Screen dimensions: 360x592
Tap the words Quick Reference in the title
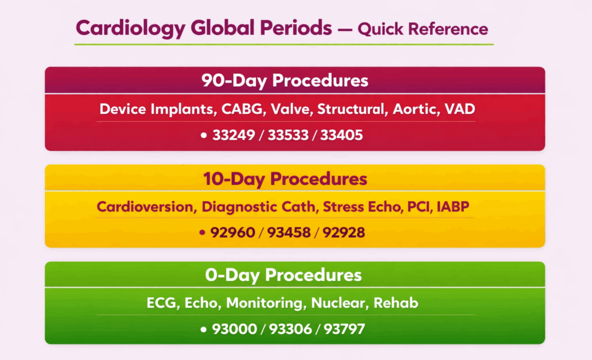point(423,28)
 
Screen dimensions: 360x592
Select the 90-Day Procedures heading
point(284,80)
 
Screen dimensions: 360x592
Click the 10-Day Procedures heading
point(285,179)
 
